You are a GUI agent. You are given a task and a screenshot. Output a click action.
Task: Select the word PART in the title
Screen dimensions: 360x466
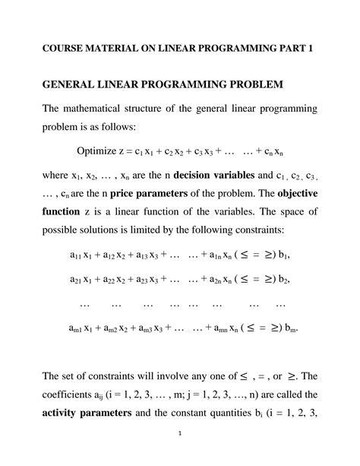(x=286, y=49)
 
